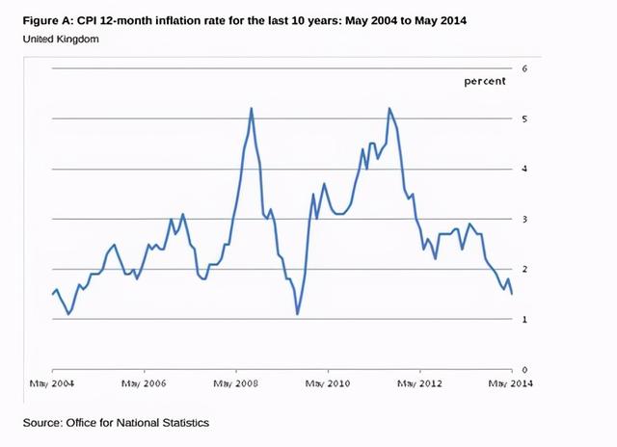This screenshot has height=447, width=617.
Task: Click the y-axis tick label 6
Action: tap(524, 68)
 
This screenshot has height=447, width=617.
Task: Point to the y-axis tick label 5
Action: tap(524, 118)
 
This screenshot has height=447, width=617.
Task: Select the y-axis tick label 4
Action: tap(524, 169)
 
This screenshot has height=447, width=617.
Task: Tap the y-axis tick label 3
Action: tap(524, 219)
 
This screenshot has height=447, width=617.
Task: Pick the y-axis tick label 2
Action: tap(524, 269)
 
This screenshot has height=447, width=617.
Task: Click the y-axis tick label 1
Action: tap(524, 319)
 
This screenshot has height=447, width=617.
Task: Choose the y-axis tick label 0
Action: tap(524, 369)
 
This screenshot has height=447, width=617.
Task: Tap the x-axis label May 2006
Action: tap(145, 383)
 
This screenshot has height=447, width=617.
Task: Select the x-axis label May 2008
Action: tap(237, 383)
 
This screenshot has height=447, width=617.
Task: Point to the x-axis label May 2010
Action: tap(329, 383)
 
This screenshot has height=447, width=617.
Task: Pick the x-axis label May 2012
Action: tap(420, 383)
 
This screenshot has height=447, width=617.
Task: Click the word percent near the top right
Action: tap(484, 82)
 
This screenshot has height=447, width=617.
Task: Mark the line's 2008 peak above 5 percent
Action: tap(252, 108)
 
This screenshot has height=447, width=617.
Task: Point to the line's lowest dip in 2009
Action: tap(298, 314)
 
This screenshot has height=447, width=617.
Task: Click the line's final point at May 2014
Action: tap(511, 294)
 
